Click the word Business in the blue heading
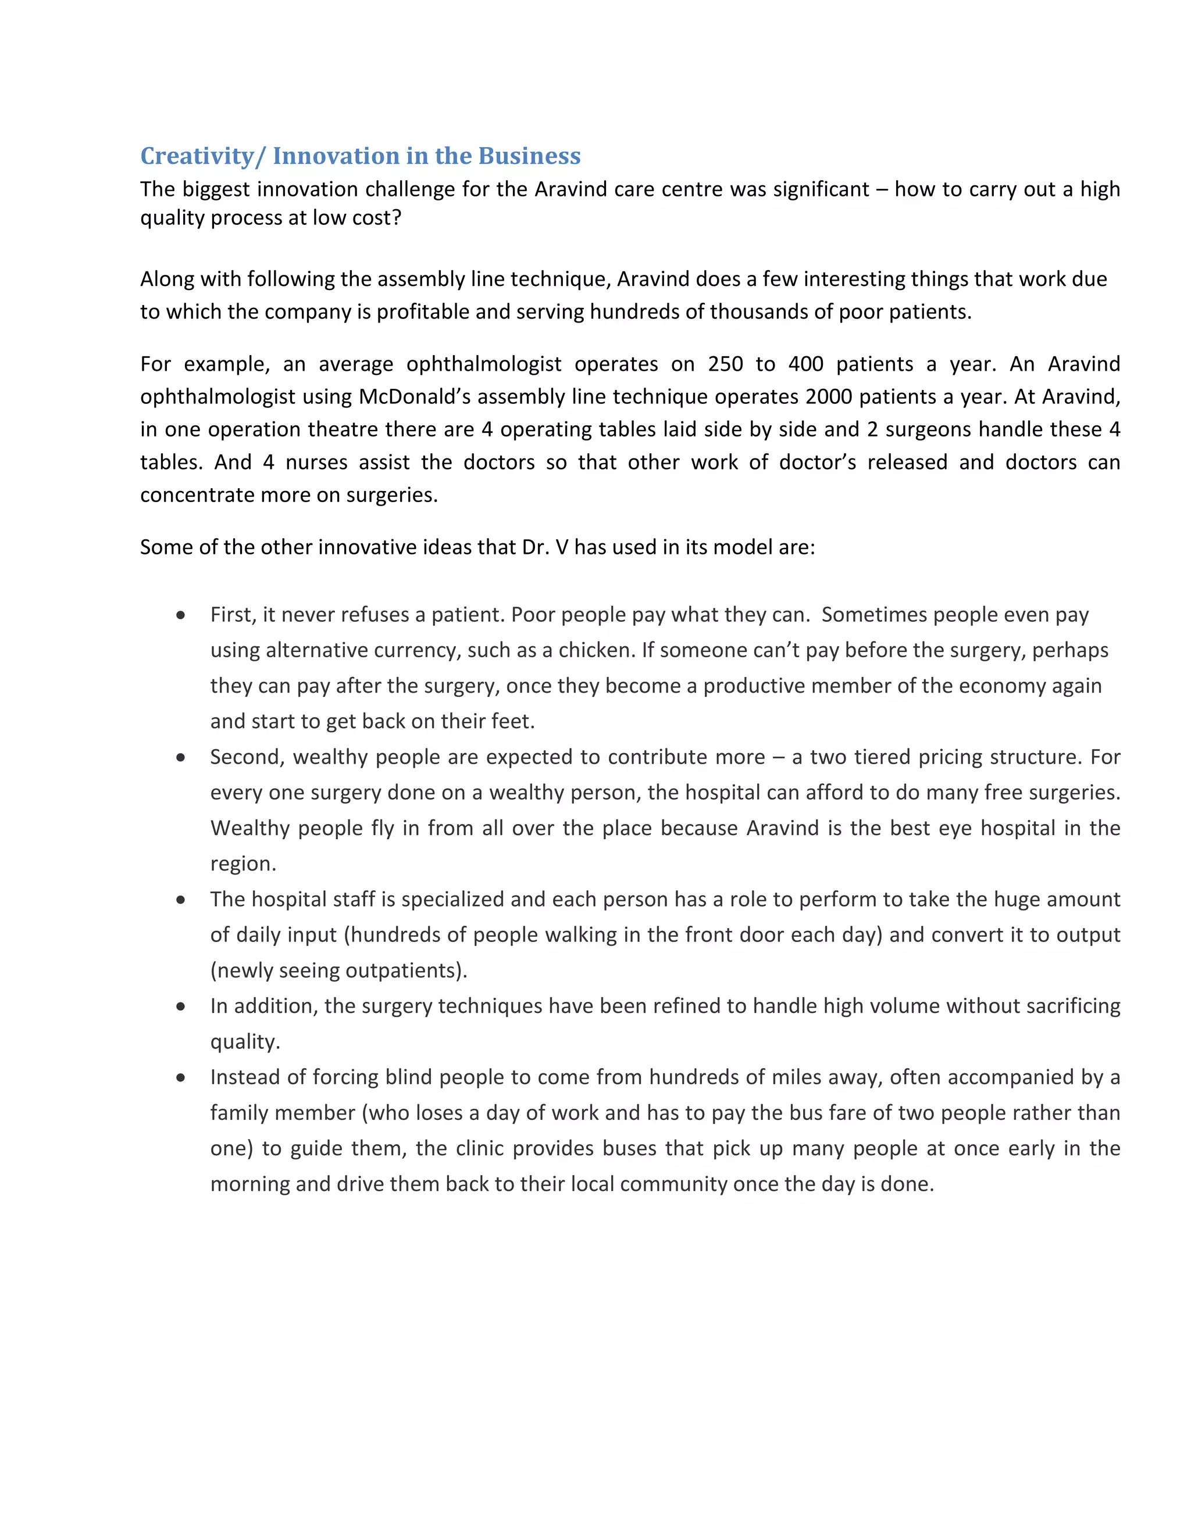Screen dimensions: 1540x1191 (x=529, y=156)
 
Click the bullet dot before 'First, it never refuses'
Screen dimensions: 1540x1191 (x=181, y=615)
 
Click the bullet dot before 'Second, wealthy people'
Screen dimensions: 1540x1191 (x=181, y=757)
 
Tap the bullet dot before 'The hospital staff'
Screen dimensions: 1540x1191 (x=181, y=900)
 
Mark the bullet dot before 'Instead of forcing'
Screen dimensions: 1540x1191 (x=181, y=1077)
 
